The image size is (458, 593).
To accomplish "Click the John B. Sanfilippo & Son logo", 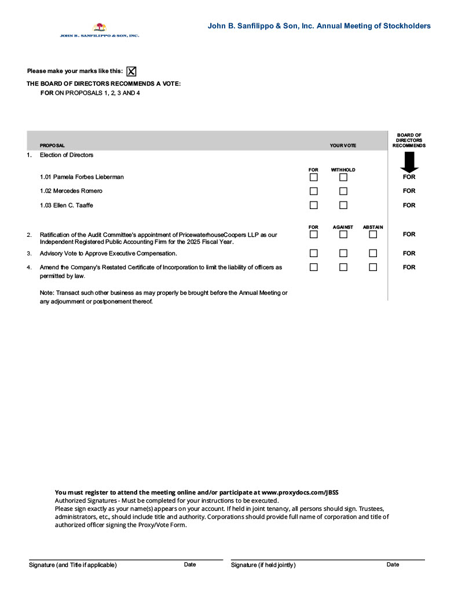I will [100, 30].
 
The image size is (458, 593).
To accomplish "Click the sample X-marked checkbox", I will [131, 71].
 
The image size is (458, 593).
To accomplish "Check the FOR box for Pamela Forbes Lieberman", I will [313, 177].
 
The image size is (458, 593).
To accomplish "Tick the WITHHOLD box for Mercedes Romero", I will [343, 191].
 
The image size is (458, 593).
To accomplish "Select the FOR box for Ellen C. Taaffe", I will [313, 205].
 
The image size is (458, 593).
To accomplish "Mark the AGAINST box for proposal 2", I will [343, 235].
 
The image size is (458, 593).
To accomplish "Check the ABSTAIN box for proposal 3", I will [373, 253].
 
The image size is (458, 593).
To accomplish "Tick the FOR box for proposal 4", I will [313, 267].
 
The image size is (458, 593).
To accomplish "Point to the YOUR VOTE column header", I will [343, 145].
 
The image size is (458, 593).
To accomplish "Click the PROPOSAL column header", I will [52, 145].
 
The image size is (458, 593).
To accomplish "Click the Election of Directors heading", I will [67, 155].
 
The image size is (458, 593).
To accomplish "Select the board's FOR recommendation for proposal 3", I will [409, 253].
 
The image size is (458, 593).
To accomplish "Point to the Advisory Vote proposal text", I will [108, 254].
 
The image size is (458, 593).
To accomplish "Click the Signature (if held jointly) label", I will [263, 565].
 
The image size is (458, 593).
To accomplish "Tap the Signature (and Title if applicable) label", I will [73, 565].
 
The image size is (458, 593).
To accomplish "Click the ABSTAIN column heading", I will [373, 227].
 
